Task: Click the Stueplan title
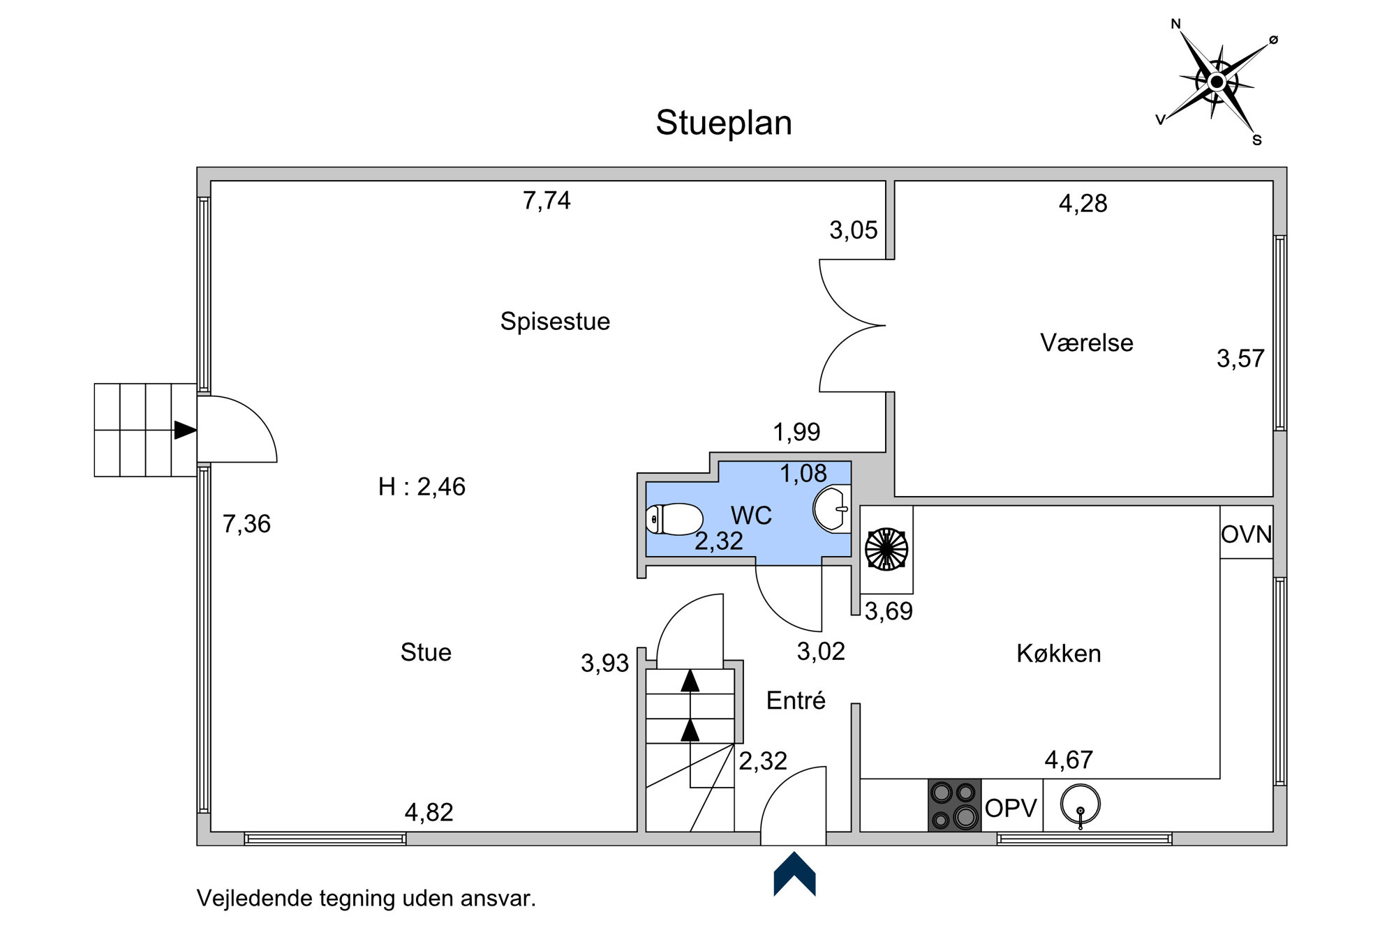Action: click(x=724, y=123)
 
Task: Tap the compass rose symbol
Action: click(x=1217, y=82)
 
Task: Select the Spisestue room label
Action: click(x=555, y=322)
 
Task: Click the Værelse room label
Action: click(x=1086, y=343)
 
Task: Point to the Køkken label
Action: click(x=1058, y=654)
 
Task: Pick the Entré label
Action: click(x=796, y=700)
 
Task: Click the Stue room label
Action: click(x=426, y=652)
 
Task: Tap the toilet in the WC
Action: click(x=674, y=519)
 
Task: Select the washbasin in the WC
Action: click(x=832, y=510)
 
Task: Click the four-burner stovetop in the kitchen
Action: click(x=954, y=805)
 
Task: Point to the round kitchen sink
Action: click(x=1080, y=804)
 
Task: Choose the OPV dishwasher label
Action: click(x=1011, y=808)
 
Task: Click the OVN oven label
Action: click(x=1247, y=534)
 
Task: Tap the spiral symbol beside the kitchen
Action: click(x=886, y=549)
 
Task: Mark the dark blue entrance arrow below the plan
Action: click(x=794, y=873)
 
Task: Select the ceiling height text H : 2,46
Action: click(x=422, y=486)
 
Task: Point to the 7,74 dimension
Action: click(x=547, y=201)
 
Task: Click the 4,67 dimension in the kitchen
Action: click(x=1069, y=760)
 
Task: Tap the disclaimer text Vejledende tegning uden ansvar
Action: click(x=366, y=898)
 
